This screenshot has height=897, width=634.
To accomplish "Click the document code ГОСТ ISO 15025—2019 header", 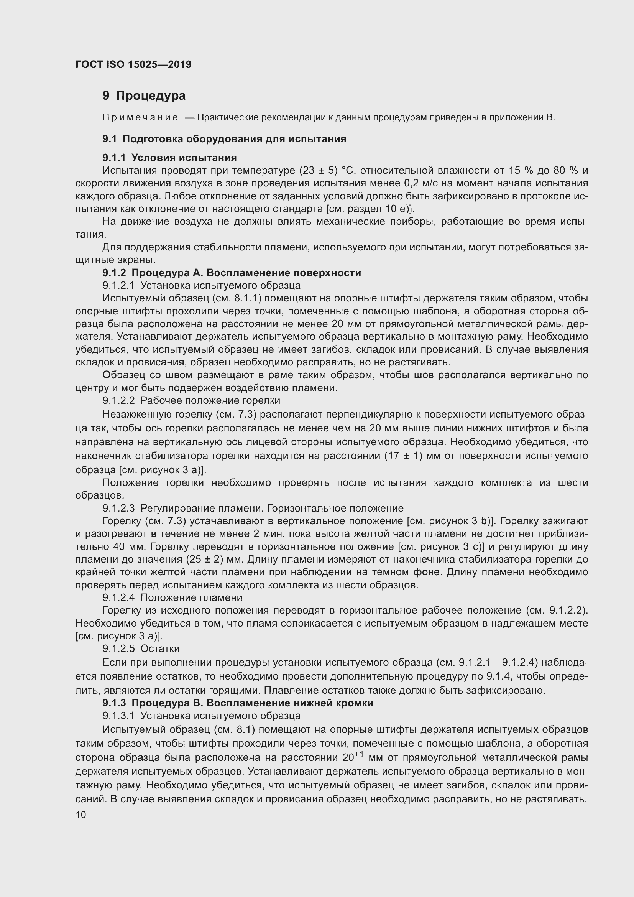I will tap(133, 64).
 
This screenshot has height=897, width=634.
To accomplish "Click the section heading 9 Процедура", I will tap(144, 96).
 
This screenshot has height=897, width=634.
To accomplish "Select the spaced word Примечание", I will tap(141, 118).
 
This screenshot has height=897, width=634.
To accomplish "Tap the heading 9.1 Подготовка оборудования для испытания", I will tap(224, 139).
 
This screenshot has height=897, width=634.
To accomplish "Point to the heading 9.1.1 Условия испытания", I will tap(169, 158).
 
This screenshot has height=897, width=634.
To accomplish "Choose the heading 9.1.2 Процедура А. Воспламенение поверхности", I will tap(232, 273).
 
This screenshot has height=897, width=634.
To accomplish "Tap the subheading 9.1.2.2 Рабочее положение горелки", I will tap(191, 400).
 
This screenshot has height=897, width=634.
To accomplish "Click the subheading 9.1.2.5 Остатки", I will tap(141, 648).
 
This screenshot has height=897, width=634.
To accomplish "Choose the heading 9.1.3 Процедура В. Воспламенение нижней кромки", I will tap(238, 703).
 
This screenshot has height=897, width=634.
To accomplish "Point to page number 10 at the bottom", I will tap(81, 815).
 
